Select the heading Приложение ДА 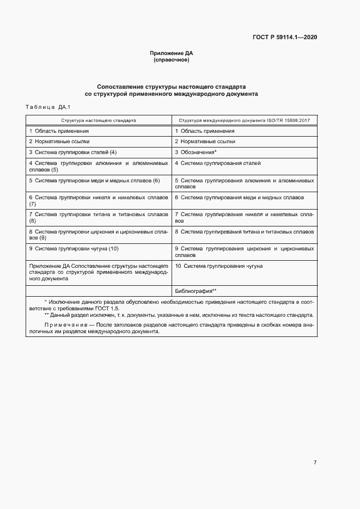click(x=172, y=53)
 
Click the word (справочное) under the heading click(x=172, y=60)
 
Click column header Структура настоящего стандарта click(x=99, y=119)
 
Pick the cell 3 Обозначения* click(x=196, y=152)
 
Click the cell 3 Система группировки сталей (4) click(x=73, y=152)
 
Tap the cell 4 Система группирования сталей click(x=218, y=163)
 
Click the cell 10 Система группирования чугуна click(x=219, y=266)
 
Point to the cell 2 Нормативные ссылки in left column click(x=59, y=142)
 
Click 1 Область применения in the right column click(x=205, y=131)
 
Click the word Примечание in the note click(x=61, y=325)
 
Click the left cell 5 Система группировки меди click(x=94, y=180)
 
